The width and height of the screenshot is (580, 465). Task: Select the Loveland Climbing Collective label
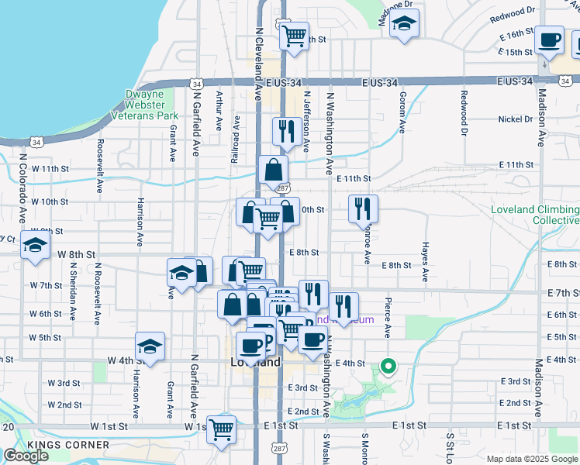(535, 215)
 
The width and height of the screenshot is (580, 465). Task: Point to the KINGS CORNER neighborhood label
(68, 445)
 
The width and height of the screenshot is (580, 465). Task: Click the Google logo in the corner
(26, 456)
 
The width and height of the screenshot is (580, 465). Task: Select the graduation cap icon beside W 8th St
(35, 246)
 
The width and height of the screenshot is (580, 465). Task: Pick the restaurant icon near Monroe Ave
(363, 208)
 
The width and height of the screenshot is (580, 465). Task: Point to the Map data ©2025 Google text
(533, 459)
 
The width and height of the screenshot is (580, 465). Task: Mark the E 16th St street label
(517, 36)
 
